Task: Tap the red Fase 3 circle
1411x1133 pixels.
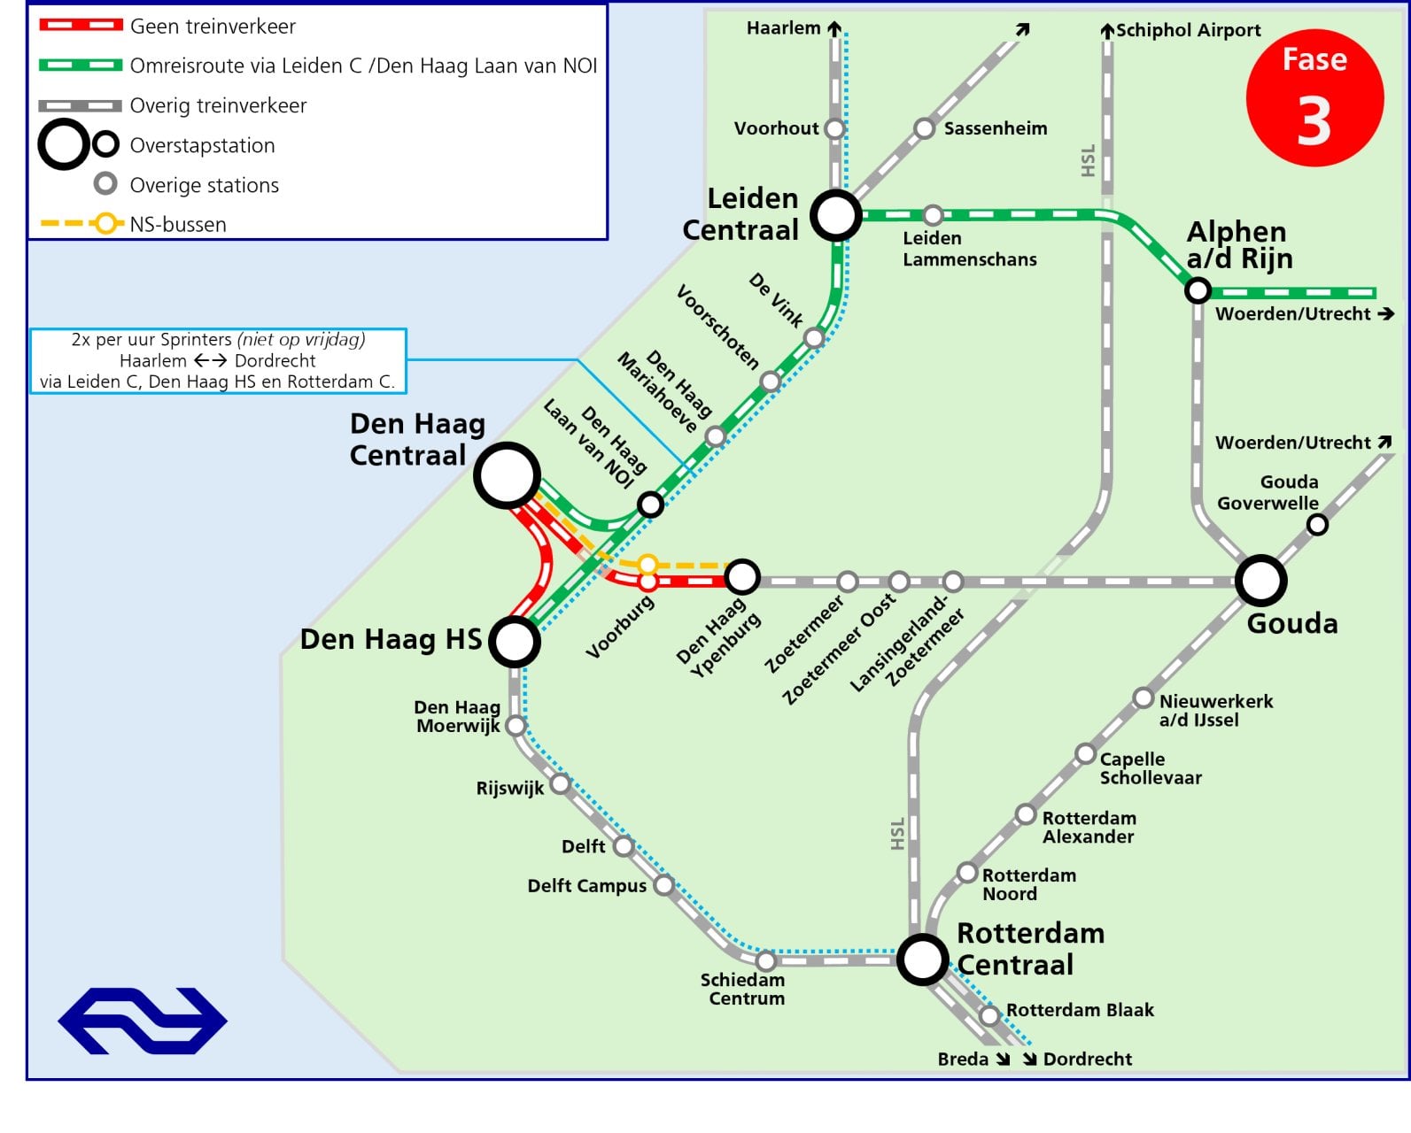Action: click(x=1314, y=98)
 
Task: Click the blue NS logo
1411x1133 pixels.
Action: click(x=143, y=1021)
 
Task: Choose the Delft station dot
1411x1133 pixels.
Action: click(x=624, y=846)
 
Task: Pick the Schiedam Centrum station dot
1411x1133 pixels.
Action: click(x=766, y=961)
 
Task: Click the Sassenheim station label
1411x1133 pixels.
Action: click(x=996, y=128)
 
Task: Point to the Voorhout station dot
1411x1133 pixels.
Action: click(x=834, y=128)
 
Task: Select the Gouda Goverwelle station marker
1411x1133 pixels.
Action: click(x=1317, y=525)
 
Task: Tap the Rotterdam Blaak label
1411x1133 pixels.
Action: click(x=1080, y=1010)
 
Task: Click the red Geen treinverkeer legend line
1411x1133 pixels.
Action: click(x=81, y=25)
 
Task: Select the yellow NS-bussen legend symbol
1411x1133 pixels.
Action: click(x=82, y=223)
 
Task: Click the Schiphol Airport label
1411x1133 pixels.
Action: click(x=1188, y=30)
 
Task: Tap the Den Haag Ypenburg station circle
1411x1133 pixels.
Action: click(x=742, y=577)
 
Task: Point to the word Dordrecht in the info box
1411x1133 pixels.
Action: click(x=275, y=360)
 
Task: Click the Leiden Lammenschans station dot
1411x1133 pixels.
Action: click(x=933, y=215)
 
